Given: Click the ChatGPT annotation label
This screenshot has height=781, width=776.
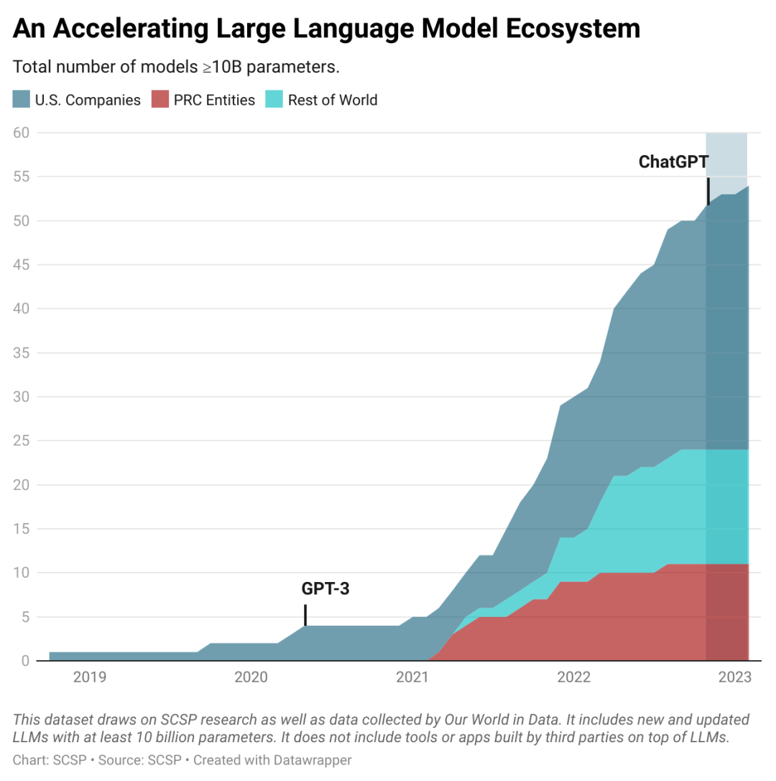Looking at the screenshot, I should click(673, 162).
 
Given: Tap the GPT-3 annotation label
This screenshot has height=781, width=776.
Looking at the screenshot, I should click(325, 590).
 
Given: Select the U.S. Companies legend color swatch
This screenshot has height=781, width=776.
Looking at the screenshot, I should click(22, 100).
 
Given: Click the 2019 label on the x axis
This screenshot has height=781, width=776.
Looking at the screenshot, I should click(90, 677).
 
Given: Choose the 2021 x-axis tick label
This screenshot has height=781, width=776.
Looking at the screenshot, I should click(412, 677).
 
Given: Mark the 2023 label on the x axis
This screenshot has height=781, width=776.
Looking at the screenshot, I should click(735, 677).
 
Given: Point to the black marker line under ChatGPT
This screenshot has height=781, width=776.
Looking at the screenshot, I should click(708, 191).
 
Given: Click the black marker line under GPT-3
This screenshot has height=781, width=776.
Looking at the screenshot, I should click(305, 615).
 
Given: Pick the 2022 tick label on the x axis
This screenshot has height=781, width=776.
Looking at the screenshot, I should click(574, 677).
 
